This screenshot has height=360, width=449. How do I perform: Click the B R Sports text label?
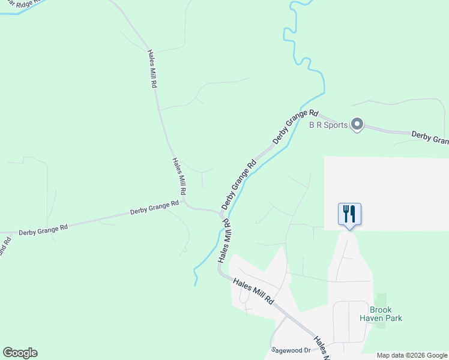(x=328, y=125)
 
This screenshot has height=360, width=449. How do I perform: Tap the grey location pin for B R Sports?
(x=357, y=125)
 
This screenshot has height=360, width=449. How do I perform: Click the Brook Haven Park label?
(x=381, y=314)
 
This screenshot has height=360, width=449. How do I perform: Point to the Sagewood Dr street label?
(x=291, y=350)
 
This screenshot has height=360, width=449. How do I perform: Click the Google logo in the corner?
(x=20, y=353)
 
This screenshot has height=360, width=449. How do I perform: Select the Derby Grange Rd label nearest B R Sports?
(x=295, y=126)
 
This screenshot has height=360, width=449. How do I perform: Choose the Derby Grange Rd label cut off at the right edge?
(x=430, y=137)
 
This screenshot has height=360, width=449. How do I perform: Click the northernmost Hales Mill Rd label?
(x=152, y=69)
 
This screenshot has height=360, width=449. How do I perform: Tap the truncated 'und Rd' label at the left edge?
(x=4, y=247)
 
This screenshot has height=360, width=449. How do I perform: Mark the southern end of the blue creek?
(x=195, y=283)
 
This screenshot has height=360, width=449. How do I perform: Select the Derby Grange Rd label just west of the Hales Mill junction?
(x=155, y=208)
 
